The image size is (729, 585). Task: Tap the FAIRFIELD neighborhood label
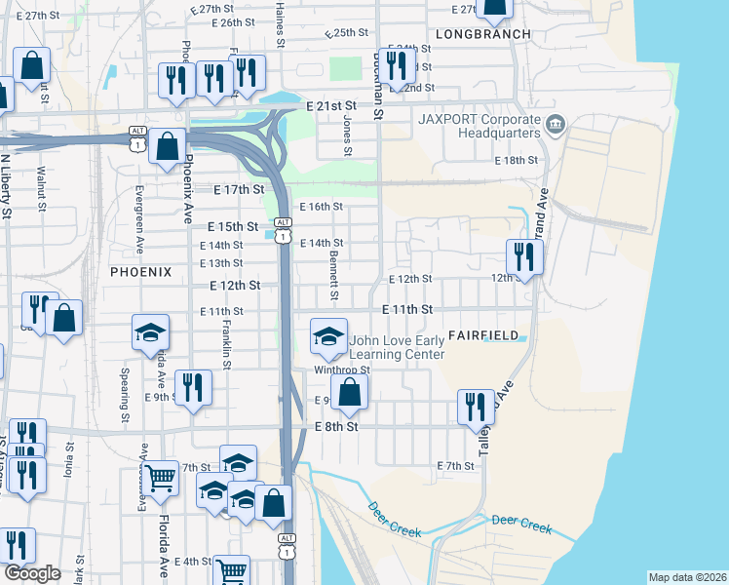[483, 335]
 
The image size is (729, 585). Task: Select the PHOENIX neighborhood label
[140, 272]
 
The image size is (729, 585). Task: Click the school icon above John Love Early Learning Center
[329, 336]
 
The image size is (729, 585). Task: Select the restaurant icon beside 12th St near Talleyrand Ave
[525, 257]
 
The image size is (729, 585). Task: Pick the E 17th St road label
[238, 189]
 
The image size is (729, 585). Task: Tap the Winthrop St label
[341, 370]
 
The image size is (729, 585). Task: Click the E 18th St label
[516, 160]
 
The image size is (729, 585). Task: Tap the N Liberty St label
[6, 185]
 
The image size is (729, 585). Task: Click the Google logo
[32, 573]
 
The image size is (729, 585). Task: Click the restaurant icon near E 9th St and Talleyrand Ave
[476, 407]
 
